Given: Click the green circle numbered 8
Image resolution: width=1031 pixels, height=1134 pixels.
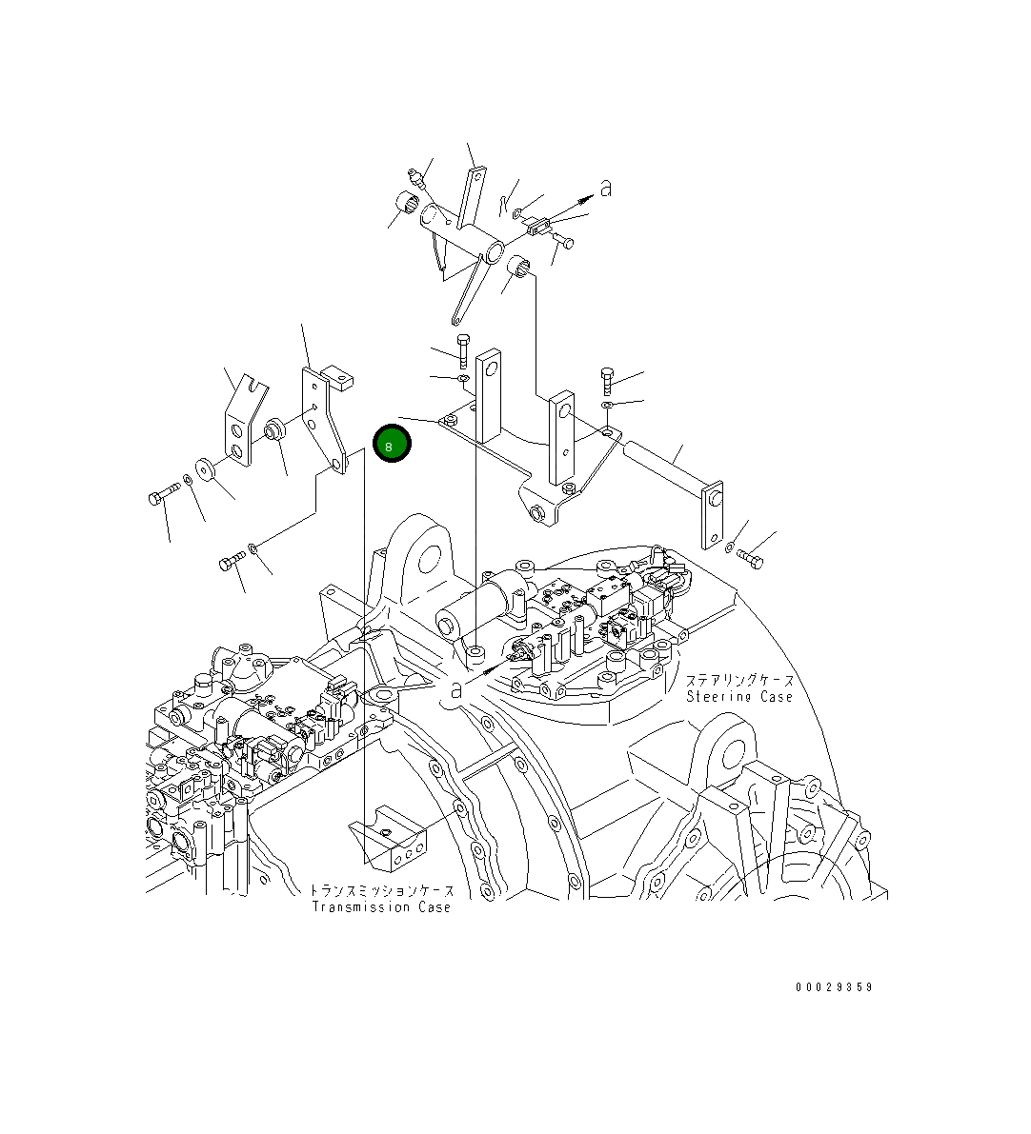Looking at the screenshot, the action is coord(392,444).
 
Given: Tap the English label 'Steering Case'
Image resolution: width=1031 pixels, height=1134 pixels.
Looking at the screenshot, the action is coord(739,696).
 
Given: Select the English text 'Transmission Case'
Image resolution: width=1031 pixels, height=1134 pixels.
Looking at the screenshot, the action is coord(381,906).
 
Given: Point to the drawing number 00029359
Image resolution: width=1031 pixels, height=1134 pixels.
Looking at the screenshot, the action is coord(834,987).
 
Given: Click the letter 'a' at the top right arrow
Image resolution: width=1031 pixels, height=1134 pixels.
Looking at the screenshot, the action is coord(606,188).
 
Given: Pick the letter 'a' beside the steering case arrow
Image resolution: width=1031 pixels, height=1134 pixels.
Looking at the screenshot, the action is coord(456,689).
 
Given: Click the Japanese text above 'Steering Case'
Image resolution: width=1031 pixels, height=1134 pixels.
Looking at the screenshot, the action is coord(739,680).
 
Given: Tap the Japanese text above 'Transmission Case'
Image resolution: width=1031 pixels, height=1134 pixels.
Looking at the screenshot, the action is coord(381,890).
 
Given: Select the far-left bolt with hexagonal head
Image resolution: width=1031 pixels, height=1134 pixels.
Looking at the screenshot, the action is coord(164,495).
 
